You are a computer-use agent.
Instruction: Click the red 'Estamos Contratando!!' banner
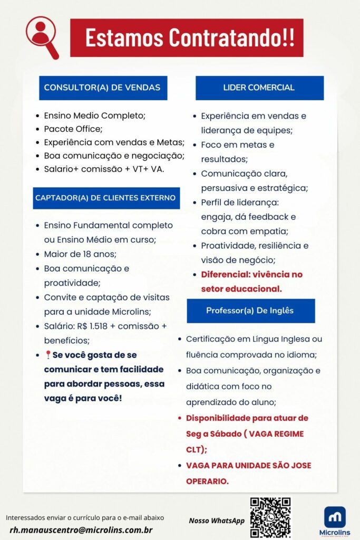coord(187,38)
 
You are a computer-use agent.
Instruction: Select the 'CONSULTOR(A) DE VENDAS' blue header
coord(103,88)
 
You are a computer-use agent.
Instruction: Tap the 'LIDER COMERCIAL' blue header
coord(259,88)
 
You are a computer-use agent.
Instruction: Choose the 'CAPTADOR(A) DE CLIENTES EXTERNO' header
coord(105,198)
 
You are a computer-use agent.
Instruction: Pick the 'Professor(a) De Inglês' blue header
coord(250,311)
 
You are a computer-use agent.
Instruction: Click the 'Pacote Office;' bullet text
coord(73,129)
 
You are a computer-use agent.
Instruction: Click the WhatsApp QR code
coord(270,517)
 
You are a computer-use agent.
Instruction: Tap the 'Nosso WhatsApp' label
coord(216,521)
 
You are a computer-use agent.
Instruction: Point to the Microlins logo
coord(335,520)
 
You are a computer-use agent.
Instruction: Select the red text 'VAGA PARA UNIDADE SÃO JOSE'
coord(248,466)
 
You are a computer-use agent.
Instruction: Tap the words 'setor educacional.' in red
coord(241,289)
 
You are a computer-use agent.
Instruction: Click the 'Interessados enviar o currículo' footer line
coord(85,517)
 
